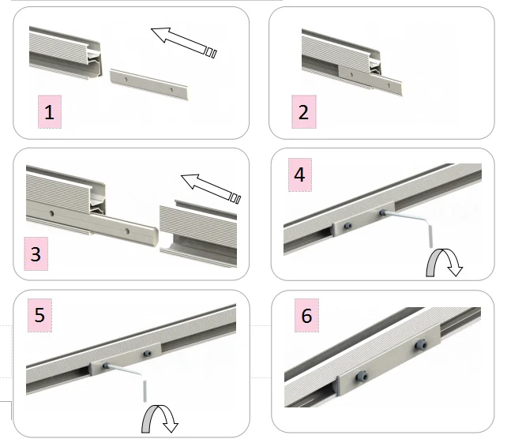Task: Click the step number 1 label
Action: pyautogui.click(x=50, y=112)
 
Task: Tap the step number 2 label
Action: pyautogui.click(x=304, y=112)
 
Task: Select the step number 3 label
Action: pyautogui.click(x=36, y=253)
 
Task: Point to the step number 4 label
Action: pyautogui.click(x=300, y=174)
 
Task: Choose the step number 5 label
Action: pyautogui.click(x=39, y=315)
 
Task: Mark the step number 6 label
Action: pyautogui.click(x=306, y=316)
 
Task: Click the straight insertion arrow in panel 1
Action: pyautogui.click(x=184, y=43)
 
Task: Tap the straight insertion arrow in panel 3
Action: pyautogui.click(x=211, y=189)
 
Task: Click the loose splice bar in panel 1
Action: pyautogui.click(x=148, y=84)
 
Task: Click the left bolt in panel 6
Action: pyautogui.click(x=362, y=377)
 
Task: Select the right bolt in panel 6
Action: pyautogui.click(x=421, y=345)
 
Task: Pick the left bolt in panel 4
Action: pyautogui.click(x=348, y=226)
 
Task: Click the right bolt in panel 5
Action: pyautogui.click(x=148, y=354)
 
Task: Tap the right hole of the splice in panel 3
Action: pyautogui.click(x=127, y=231)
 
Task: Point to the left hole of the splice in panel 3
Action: pyautogui.click(x=52, y=213)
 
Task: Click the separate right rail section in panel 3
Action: pyautogui.click(x=198, y=234)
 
